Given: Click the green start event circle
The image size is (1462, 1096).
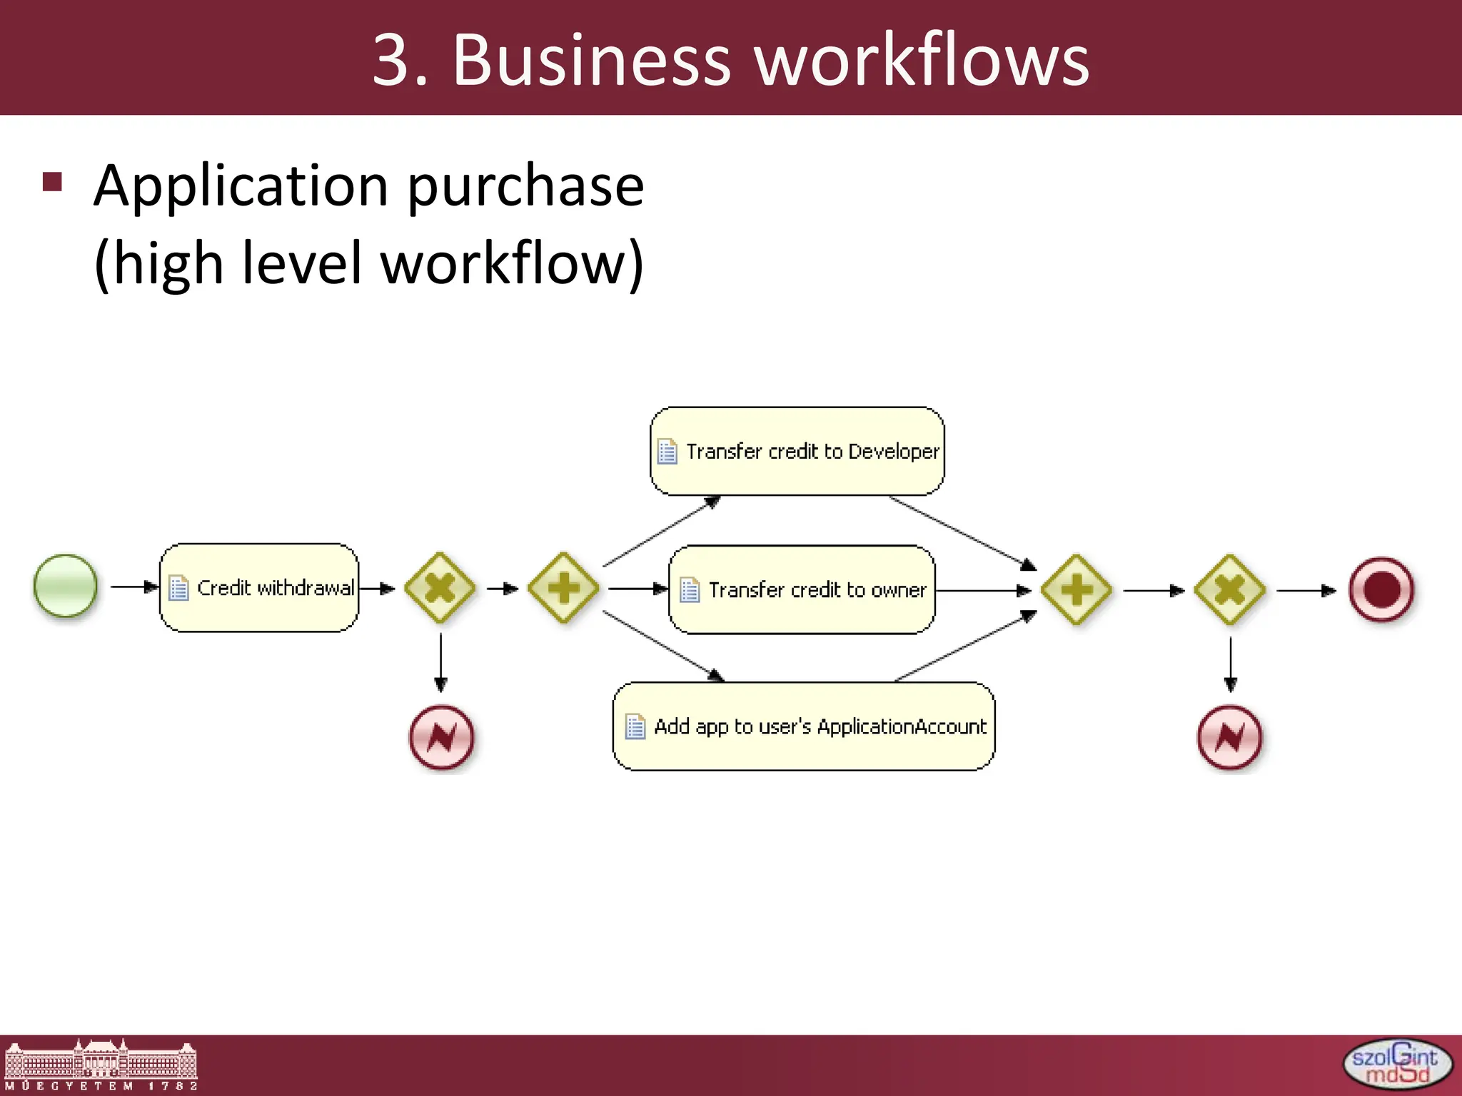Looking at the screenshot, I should tap(65, 586).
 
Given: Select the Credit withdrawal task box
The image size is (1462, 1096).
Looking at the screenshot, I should tap(259, 588).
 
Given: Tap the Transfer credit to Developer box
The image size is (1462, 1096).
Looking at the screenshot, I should tap(797, 451).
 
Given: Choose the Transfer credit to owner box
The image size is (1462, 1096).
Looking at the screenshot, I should tap(802, 590).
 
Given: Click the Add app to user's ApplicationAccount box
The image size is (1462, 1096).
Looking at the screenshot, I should tap(804, 726).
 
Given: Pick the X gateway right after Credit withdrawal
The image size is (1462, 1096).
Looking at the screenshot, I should tap(440, 588).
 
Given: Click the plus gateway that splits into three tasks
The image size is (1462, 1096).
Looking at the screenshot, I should tap(564, 588).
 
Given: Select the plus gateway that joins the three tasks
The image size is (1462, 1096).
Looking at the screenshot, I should tap(1076, 590).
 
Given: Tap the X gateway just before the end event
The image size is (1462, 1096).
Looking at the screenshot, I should tap(1230, 590).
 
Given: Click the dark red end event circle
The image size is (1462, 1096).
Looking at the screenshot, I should tap(1381, 590).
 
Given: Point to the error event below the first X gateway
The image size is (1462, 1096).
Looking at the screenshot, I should tap(441, 737).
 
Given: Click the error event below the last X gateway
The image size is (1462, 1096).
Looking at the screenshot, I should tap(1229, 737).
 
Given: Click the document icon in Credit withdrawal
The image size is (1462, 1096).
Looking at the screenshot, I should tap(178, 588).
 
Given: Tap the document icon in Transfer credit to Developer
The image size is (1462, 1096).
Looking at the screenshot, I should tap(667, 451).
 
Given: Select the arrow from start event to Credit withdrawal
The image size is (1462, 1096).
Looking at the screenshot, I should tap(134, 587).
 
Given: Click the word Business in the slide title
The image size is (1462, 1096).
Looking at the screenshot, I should tap(591, 60).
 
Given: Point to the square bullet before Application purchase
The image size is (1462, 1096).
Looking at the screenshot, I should tap(53, 182).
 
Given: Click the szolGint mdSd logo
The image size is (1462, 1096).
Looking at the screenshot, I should tap(1397, 1064).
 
